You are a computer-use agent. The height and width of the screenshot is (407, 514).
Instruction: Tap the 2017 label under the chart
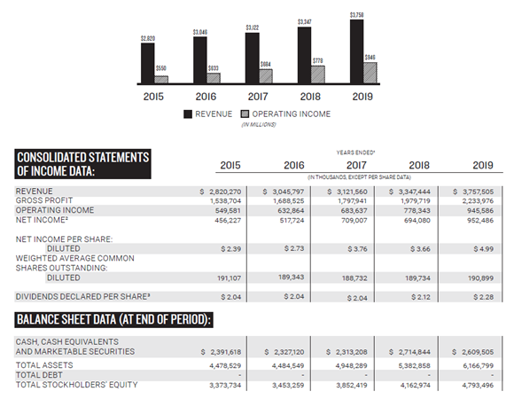tap(258, 97)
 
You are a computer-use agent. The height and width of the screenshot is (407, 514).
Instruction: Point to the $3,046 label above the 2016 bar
tap(199, 32)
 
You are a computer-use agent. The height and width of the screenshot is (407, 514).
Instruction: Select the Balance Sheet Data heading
tap(120, 318)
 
